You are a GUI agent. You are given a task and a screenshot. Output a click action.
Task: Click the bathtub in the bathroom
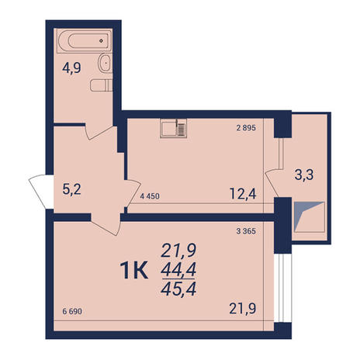tap(85, 41)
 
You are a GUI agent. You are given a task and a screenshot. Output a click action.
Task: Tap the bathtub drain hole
tap(101, 41)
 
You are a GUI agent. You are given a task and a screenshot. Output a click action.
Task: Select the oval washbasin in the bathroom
tap(105, 63)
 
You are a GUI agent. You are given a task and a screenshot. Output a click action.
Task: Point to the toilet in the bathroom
tap(102, 85)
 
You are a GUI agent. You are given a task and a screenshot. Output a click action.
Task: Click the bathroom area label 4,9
tap(71, 68)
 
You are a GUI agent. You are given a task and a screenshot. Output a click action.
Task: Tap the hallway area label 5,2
tap(71, 189)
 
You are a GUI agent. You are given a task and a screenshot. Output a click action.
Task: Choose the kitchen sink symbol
tap(174, 128)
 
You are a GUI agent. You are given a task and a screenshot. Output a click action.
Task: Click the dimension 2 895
tap(246, 128)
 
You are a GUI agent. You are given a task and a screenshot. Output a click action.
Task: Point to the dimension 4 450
tap(150, 196)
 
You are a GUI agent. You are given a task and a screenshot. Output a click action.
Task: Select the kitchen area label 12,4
tap(243, 194)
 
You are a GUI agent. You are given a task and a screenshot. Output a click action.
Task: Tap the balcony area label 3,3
tap(304, 175)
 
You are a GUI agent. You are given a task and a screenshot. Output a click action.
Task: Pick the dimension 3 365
tap(246, 231)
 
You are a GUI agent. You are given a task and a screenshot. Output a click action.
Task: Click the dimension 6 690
tap(72, 311)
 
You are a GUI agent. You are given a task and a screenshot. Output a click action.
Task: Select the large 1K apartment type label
tap(134, 270)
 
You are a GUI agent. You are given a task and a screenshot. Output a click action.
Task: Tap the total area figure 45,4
tap(178, 289)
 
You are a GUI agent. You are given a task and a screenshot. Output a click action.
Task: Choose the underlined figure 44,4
tap(178, 270)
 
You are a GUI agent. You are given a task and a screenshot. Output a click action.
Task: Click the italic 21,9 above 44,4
tap(178, 251)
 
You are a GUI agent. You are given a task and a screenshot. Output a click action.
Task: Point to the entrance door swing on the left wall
tap(41, 191)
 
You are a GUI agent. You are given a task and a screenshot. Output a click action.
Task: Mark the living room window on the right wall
tap(282, 288)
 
